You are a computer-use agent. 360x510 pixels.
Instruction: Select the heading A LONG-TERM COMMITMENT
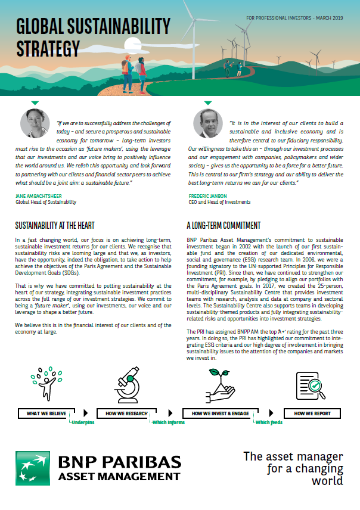(224, 226)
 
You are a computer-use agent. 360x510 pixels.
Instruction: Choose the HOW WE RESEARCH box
(126, 413)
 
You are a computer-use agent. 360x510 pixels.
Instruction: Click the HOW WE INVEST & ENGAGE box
(221, 413)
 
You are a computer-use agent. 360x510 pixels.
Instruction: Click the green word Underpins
(83, 422)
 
